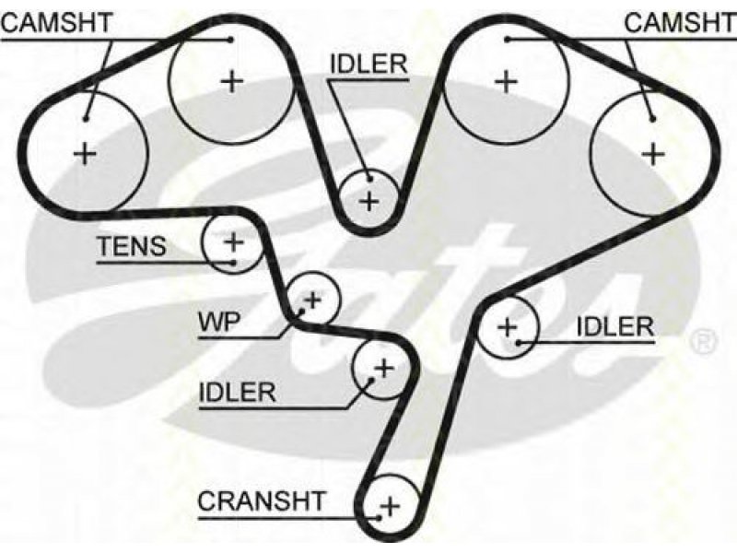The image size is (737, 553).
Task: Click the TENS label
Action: click(x=132, y=246)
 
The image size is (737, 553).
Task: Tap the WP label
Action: click(x=219, y=322)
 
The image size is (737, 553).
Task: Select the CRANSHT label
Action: click(x=262, y=500)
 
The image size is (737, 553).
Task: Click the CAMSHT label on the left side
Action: click(x=57, y=22)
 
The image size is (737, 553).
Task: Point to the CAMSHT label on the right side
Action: click(x=680, y=22)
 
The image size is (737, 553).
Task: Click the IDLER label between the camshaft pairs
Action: click(x=369, y=64)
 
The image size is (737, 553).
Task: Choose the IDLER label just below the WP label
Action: click(x=238, y=392)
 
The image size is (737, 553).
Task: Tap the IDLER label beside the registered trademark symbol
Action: click(x=615, y=326)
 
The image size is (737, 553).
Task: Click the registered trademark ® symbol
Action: click(x=704, y=341)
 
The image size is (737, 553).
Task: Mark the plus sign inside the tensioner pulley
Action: click(x=234, y=242)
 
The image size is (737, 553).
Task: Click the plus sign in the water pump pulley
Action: click(x=312, y=299)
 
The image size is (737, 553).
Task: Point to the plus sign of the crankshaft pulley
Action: click(x=391, y=506)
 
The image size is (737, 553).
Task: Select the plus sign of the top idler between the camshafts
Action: click(x=369, y=201)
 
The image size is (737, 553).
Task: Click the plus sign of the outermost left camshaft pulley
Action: click(x=86, y=153)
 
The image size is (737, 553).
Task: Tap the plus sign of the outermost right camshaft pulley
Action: click(x=653, y=153)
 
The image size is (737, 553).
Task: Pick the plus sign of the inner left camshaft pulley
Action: click(x=232, y=82)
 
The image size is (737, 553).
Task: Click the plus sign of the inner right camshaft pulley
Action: click(x=507, y=82)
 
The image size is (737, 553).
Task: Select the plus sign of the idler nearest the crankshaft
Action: click(x=384, y=368)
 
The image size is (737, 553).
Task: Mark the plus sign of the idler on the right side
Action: click(x=508, y=326)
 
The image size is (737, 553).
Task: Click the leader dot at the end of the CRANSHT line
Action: click(x=379, y=518)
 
